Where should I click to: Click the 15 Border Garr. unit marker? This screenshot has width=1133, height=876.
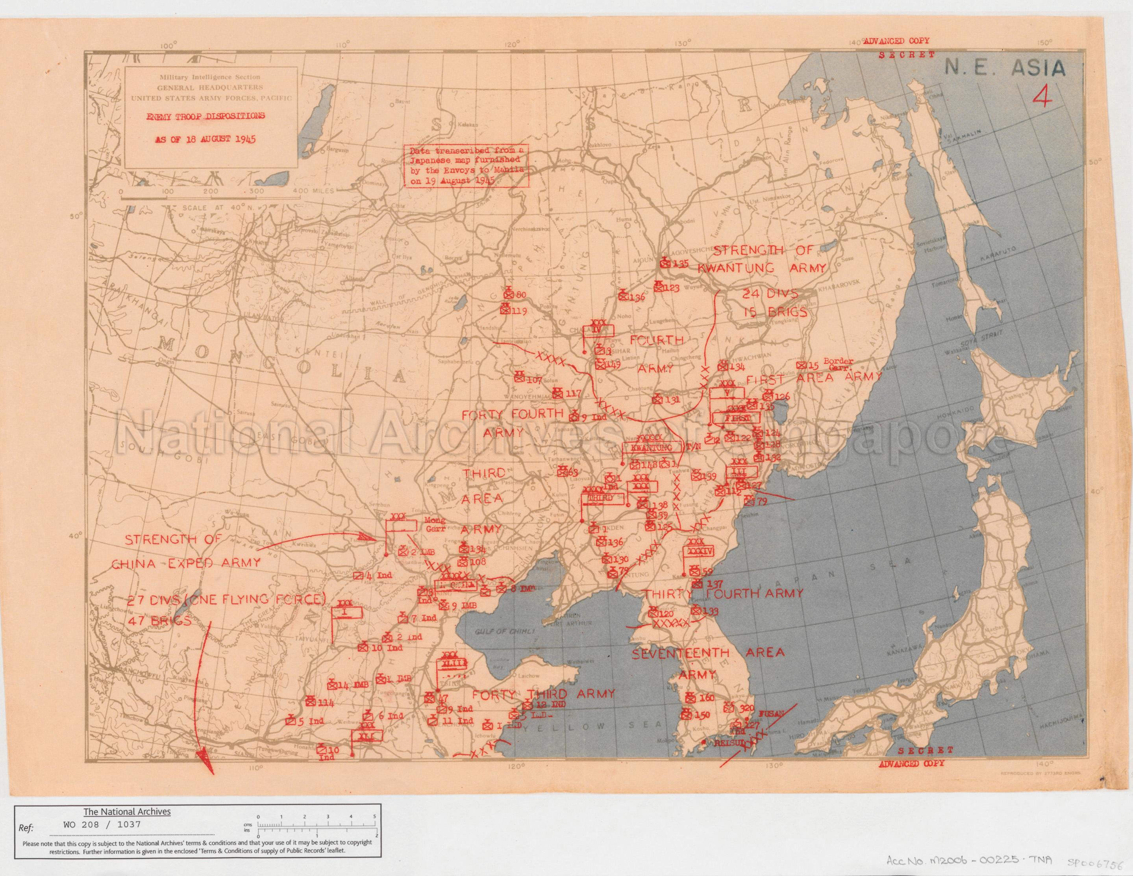[x=801, y=365]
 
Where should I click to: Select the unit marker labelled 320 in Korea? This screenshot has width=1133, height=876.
[x=729, y=707]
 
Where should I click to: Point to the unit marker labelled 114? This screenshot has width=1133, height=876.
[x=311, y=702]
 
